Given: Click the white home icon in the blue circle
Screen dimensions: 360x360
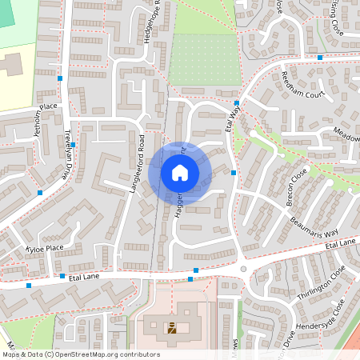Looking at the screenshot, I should point(179,172).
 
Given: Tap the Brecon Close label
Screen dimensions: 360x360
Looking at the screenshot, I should point(297,189).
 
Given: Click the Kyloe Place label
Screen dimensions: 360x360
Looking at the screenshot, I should point(43,249).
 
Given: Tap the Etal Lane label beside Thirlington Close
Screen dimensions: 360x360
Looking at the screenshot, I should point(340,244).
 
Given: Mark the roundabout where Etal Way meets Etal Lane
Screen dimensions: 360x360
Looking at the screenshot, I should point(243,269).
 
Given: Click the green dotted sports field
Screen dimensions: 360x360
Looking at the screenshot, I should point(204,60).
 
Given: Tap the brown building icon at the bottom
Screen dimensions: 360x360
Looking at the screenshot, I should point(172,327).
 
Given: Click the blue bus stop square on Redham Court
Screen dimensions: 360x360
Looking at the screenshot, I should point(319,58).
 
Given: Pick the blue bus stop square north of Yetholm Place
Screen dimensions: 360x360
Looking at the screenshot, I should point(60,78).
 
